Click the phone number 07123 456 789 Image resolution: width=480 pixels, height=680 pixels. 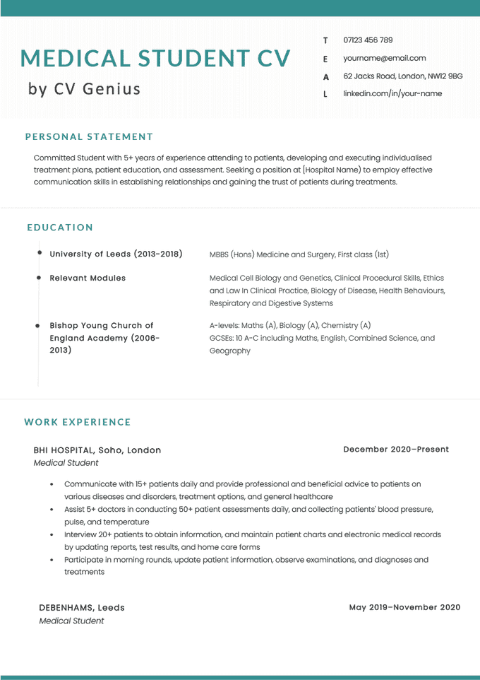tap(368, 40)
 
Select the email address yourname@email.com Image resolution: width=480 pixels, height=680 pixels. tap(384, 58)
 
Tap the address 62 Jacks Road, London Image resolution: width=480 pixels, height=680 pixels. tap(402, 76)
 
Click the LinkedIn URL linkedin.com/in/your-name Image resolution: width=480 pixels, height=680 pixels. tap(392, 93)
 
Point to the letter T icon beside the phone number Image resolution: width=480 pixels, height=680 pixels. tap(325, 40)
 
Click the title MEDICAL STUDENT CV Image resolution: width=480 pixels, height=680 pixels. tap(155, 58)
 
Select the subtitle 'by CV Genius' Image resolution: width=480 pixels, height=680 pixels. tap(84, 89)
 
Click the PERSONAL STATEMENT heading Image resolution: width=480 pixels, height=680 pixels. tap(89, 136)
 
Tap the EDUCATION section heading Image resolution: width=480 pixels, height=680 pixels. tap(60, 228)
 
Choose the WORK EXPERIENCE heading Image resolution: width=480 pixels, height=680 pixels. tap(78, 422)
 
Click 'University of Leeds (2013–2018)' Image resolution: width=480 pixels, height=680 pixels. tap(116, 254)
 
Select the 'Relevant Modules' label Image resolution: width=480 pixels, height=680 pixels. tap(88, 279)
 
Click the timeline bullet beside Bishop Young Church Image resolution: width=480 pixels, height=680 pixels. tap(38, 326)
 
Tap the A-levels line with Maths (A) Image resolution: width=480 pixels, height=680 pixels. tap(289, 326)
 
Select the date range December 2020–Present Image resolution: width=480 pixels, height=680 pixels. tap(395, 450)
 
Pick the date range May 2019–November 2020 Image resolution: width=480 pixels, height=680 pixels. tap(404, 607)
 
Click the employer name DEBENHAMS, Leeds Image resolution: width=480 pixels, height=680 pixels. tap(82, 608)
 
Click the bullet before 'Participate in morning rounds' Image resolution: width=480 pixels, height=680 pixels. tap(52, 560)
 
